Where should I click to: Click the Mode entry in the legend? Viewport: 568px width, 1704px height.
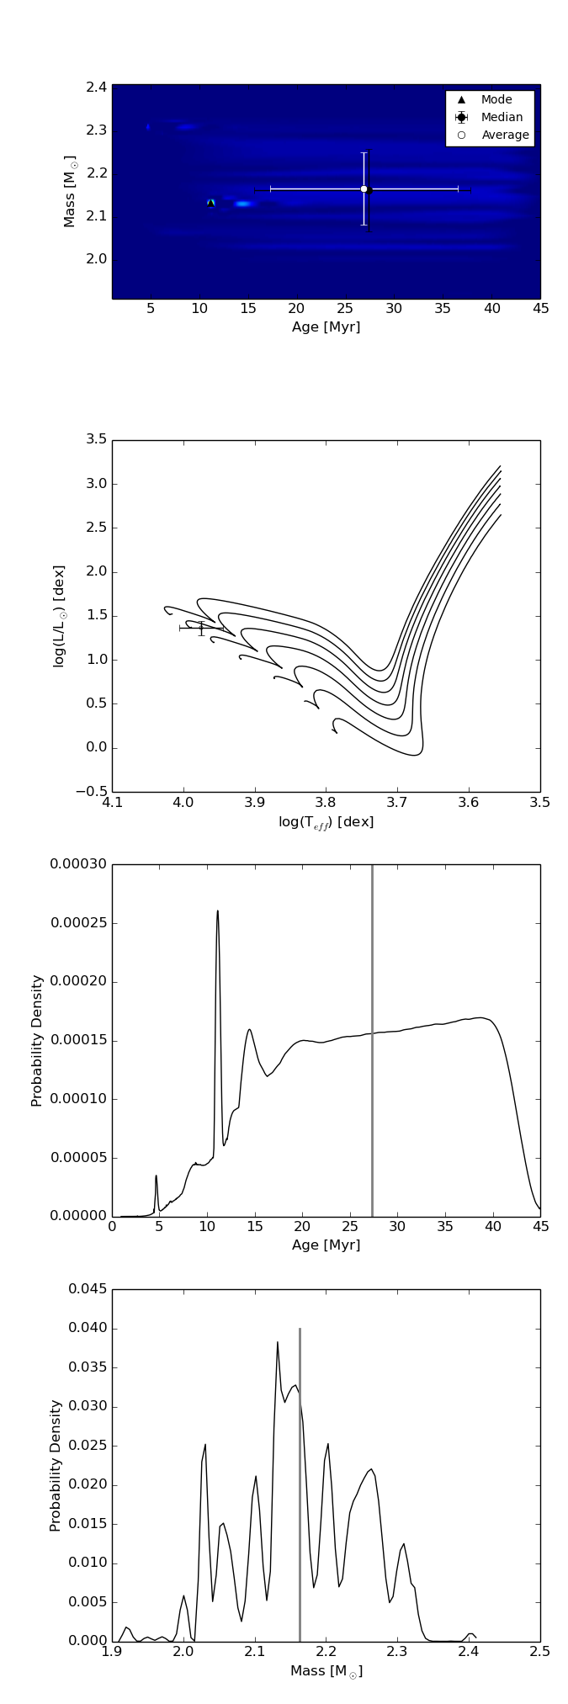[496, 100]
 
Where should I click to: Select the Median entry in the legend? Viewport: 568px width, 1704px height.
[502, 118]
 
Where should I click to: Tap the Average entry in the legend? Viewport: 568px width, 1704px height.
[505, 135]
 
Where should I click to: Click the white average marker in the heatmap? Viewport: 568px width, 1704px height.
[364, 189]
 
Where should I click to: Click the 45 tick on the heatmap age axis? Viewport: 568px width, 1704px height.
[540, 310]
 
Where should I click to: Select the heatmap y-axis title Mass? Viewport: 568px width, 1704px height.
[71, 191]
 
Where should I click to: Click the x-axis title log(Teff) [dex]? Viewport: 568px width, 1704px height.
[326, 822]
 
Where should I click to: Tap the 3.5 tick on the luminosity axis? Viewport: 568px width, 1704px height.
[95, 440]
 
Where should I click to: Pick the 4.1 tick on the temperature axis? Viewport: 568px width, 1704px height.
[113, 802]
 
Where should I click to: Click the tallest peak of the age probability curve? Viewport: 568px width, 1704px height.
[217, 911]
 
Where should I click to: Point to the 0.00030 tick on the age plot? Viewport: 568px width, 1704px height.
[78, 865]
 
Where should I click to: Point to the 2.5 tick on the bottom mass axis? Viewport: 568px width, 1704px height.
[539, 1651]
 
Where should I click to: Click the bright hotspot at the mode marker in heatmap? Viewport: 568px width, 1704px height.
[211, 203]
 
